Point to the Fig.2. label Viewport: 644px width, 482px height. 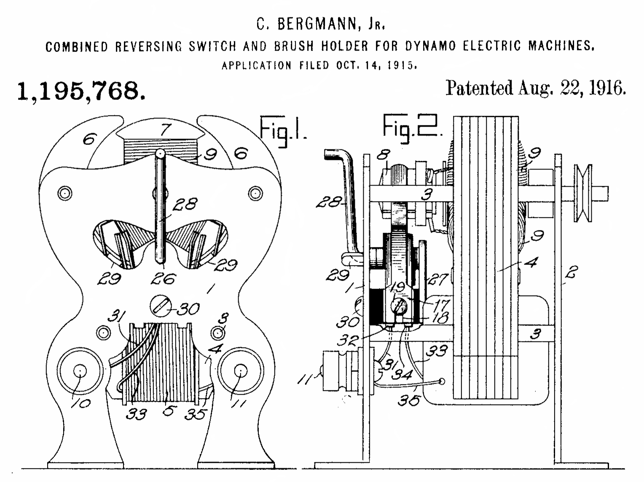pyautogui.click(x=412, y=127)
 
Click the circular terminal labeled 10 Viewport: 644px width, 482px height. pyautogui.click(x=80, y=371)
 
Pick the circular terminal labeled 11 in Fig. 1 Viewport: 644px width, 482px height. pyautogui.click(x=240, y=371)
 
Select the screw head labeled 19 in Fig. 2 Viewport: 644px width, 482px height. pyautogui.click(x=399, y=305)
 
